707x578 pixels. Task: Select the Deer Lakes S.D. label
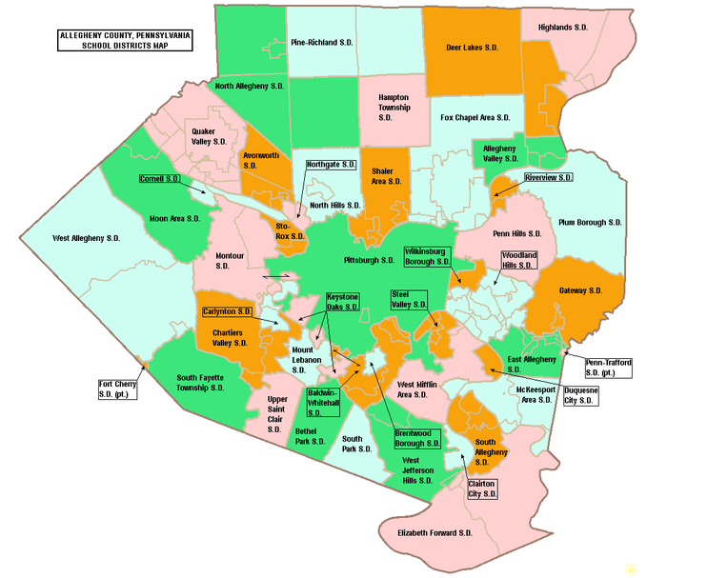coord(472,47)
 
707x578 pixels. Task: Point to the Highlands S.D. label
coord(582,28)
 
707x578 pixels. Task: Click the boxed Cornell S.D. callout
coord(160,178)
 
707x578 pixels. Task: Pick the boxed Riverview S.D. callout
coord(548,177)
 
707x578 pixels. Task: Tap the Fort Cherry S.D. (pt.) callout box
coord(118,389)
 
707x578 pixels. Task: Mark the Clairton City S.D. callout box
coord(482,488)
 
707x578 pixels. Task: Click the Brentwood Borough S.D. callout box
coord(417,438)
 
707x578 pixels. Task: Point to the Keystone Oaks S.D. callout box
coord(343,302)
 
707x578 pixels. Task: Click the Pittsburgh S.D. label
coord(368,259)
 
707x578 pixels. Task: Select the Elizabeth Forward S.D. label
coord(434,533)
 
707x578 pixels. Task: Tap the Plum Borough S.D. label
coord(590,221)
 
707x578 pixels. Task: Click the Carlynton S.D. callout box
coord(227,311)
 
